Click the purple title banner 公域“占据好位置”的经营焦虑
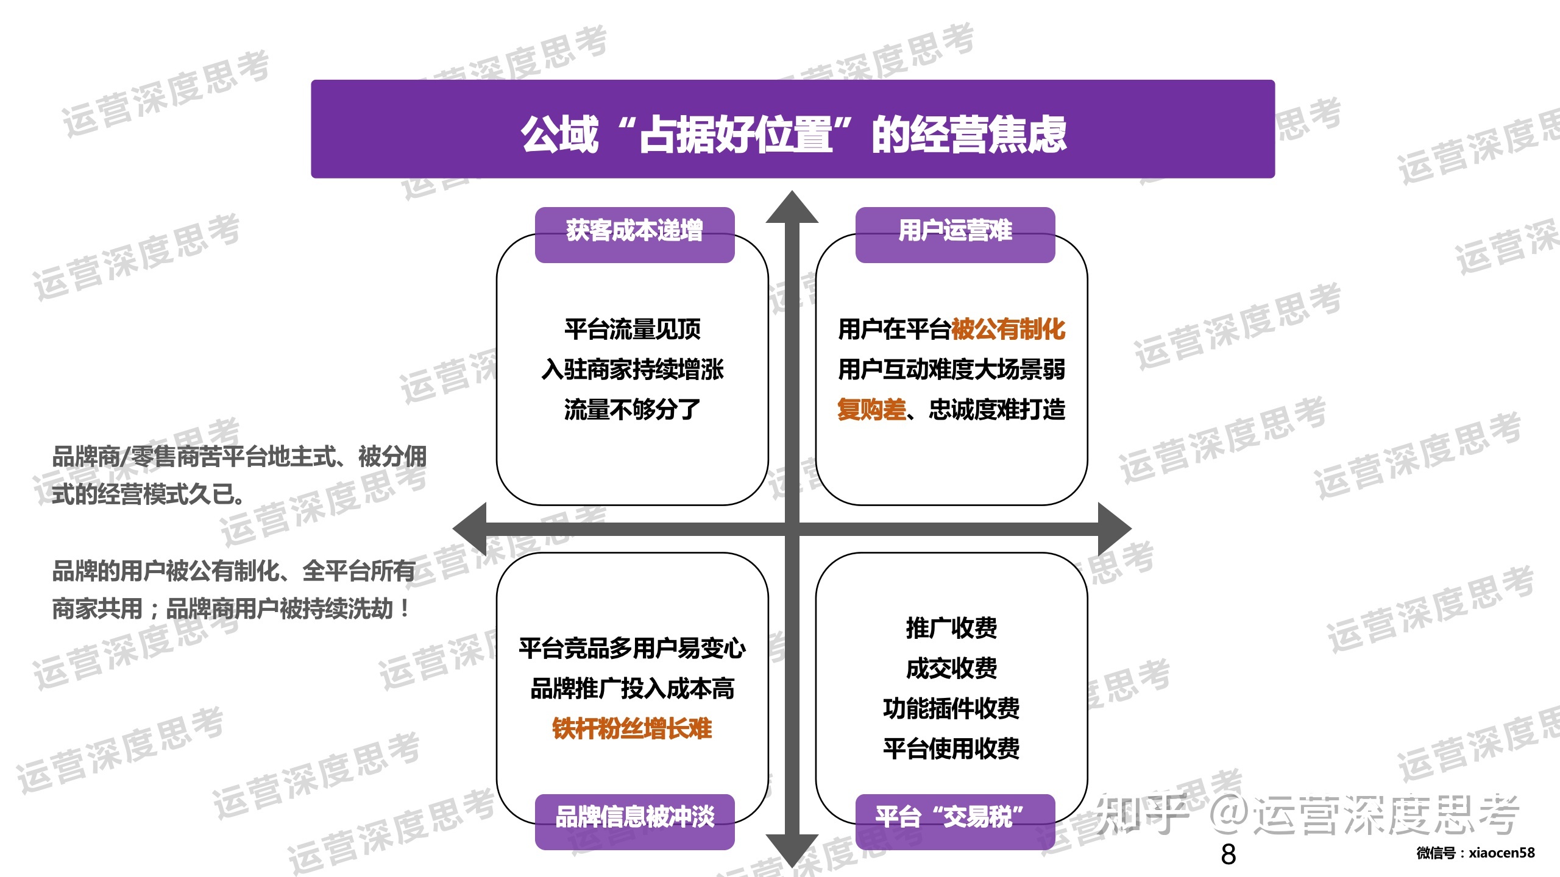[x=792, y=130]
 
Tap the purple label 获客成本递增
[x=634, y=231]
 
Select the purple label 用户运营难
[x=955, y=231]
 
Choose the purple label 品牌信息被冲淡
[x=634, y=818]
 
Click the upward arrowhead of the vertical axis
[x=792, y=208]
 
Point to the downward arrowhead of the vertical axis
[x=792, y=850]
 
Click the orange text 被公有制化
[x=1008, y=329]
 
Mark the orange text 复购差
[x=871, y=410]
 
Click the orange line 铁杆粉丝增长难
[x=632, y=729]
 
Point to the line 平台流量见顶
[x=632, y=329]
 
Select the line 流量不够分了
[x=632, y=410]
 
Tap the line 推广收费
[x=951, y=628]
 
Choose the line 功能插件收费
[x=951, y=709]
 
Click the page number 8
[x=1228, y=854]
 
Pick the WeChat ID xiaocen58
[x=1501, y=853]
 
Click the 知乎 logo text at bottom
[x=1143, y=814]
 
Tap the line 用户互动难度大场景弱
[x=951, y=370]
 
